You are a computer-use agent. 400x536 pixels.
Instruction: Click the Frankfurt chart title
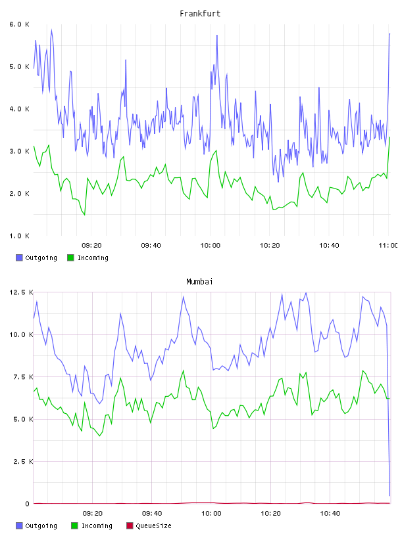(200, 14)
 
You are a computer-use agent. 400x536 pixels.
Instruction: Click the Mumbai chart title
(199, 282)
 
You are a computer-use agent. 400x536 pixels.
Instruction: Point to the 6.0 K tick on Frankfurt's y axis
(19, 24)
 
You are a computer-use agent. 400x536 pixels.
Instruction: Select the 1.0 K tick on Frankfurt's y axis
(19, 236)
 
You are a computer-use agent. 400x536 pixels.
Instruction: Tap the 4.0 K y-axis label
(19, 109)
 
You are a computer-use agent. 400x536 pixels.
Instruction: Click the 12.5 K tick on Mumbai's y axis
(21, 292)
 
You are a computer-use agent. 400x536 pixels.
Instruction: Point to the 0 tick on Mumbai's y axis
(28, 504)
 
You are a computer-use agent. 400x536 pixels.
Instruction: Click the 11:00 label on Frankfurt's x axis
(388, 246)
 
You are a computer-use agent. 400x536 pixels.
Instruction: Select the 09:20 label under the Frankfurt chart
(91, 246)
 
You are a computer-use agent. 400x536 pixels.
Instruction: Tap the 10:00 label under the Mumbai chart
(211, 514)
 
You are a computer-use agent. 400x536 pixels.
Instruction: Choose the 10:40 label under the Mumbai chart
(330, 514)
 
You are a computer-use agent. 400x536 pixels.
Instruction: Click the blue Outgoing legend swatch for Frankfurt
(19, 257)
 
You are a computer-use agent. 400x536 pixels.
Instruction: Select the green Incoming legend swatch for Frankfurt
(70, 257)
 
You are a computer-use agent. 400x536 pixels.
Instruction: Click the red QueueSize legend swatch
(130, 525)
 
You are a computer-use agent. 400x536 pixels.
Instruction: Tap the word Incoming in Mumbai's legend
(97, 526)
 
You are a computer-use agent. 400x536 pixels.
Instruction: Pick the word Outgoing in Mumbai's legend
(41, 526)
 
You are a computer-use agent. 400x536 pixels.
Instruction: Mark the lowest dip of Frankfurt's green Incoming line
(85, 215)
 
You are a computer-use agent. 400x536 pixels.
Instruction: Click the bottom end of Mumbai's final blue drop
(389, 495)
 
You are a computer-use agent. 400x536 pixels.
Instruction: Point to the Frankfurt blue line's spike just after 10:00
(217, 35)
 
